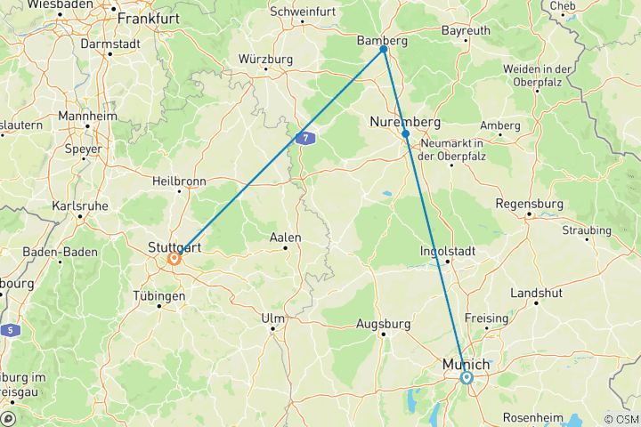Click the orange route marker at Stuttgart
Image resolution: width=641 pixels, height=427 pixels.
tap(174, 260)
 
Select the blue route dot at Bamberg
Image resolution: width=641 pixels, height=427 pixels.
tap(384, 50)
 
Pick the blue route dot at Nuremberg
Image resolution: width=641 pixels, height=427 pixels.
tap(405, 133)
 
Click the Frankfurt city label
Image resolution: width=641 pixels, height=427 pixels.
tap(148, 18)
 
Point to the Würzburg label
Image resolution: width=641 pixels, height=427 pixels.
tap(265, 59)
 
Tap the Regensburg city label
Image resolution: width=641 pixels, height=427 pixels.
tap(530, 203)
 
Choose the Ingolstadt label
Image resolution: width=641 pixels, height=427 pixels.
tap(448, 251)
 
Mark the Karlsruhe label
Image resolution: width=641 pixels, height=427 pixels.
tap(81, 205)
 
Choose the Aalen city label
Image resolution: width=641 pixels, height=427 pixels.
tap(286, 238)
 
